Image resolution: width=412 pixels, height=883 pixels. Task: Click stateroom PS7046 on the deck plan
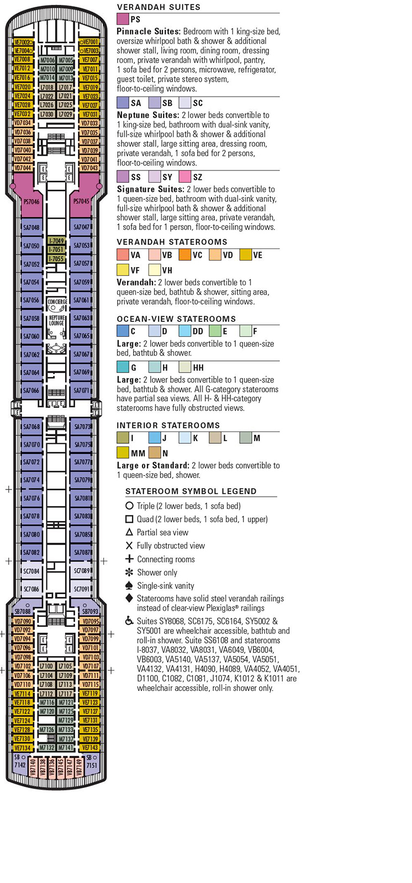coord(31,202)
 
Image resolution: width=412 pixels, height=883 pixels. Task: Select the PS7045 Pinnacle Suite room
coord(81,202)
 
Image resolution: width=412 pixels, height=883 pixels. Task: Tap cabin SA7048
coord(31,227)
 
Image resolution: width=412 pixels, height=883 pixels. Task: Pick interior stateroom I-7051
coord(56,249)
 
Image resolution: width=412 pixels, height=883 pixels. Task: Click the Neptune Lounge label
coord(56,321)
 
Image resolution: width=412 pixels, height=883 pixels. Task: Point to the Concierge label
coord(57,302)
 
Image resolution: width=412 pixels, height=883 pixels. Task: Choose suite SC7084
coord(31,571)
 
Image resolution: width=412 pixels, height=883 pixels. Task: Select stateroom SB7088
coord(23,611)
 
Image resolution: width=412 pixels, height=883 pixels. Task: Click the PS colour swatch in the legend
coord(123,19)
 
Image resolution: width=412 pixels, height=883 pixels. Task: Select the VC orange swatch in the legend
coord(184,255)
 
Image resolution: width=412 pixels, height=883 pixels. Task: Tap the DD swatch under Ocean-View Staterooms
coord(184,331)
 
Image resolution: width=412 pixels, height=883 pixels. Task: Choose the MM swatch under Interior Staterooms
coord(123,453)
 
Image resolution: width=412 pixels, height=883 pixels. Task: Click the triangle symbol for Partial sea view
coord(129,532)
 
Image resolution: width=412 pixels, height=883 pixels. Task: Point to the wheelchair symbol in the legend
coord(129,621)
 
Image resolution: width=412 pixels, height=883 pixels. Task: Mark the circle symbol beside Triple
coord(129,506)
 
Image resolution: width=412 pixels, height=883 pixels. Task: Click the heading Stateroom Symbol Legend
coord(191,491)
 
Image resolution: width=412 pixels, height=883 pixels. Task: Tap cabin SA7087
coord(82,552)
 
